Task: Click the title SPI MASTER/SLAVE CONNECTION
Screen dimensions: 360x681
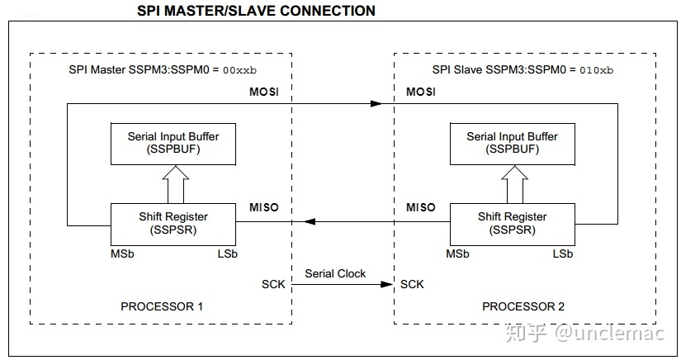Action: click(x=255, y=11)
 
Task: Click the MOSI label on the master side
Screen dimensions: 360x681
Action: click(x=265, y=92)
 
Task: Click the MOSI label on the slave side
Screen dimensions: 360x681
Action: click(x=422, y=92)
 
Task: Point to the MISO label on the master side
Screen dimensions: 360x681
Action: click(x=264, y=206)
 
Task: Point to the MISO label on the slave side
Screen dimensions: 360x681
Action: click(x=420, y=206)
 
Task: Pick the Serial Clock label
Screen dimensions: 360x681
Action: click(x=335, y=272)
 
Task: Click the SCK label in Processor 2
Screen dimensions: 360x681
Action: click(x=413, y=284)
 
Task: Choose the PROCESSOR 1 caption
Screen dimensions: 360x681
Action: click(x=162, y=306)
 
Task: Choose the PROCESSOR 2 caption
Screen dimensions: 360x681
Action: click(x=523, y=306)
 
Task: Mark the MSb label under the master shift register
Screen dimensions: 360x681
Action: click(x=121, y=253)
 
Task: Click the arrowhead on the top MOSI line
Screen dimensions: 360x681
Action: click(x=376, y=104)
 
